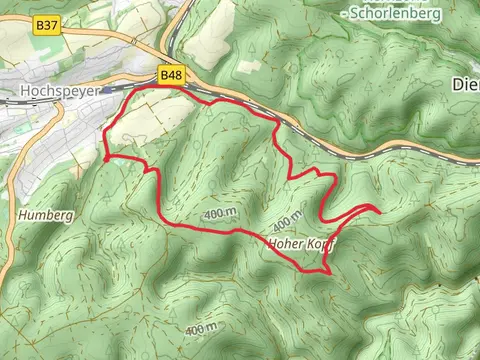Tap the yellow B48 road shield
(170, 74)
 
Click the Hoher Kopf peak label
(301, 243)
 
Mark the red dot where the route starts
(105, 156)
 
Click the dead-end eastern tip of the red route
(380, 210)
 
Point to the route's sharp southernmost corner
(328, 270)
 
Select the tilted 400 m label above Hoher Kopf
(286, 220)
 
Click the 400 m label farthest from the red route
(200, 328)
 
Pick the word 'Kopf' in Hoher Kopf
(320, 243)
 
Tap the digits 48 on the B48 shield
(175, 74)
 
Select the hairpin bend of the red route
(322, 215)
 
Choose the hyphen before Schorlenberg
(343, 13)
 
